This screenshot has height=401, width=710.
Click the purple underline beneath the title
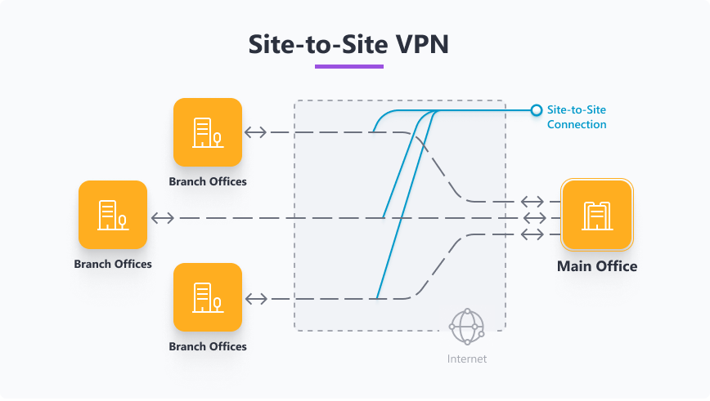tap(349, 66)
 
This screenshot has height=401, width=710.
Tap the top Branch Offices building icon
tap(208, 132)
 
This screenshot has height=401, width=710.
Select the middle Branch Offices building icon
tap(113, 215)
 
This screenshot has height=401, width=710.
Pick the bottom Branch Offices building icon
tap(208, 296)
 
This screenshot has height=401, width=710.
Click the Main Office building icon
tap(596, 215)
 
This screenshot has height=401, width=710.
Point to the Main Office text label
tap(596, 266)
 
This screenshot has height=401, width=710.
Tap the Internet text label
tap(467, 359)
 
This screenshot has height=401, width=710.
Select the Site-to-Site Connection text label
tap(577, 117)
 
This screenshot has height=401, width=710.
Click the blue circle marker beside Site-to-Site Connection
tap(537, 109)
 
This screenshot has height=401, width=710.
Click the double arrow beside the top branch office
tap(256, 132)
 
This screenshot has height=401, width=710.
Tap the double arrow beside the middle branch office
tap(162, 218)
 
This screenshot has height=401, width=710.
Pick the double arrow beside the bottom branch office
tap(256, 299)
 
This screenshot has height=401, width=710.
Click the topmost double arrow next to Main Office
tap(533, 202)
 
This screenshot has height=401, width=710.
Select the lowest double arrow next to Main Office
tap(533, 234)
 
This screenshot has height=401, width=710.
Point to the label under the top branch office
tap(208, 181)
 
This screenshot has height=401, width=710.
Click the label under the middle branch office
tap(113, 264)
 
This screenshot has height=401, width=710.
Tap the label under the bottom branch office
tap(208, 346)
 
